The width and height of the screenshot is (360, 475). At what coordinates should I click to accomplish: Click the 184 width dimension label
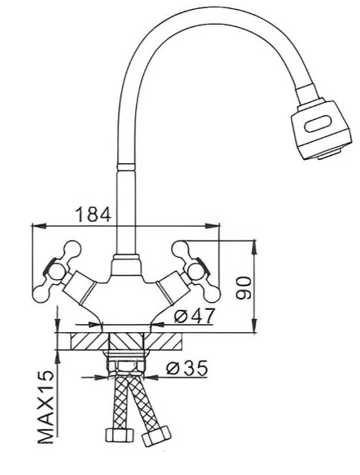93,214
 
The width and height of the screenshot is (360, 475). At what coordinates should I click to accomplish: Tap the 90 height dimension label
244,287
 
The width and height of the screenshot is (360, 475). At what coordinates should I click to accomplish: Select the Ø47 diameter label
195,316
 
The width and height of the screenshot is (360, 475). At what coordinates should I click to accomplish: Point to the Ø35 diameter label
187,368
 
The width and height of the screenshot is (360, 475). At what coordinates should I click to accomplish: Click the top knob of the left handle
74,249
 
